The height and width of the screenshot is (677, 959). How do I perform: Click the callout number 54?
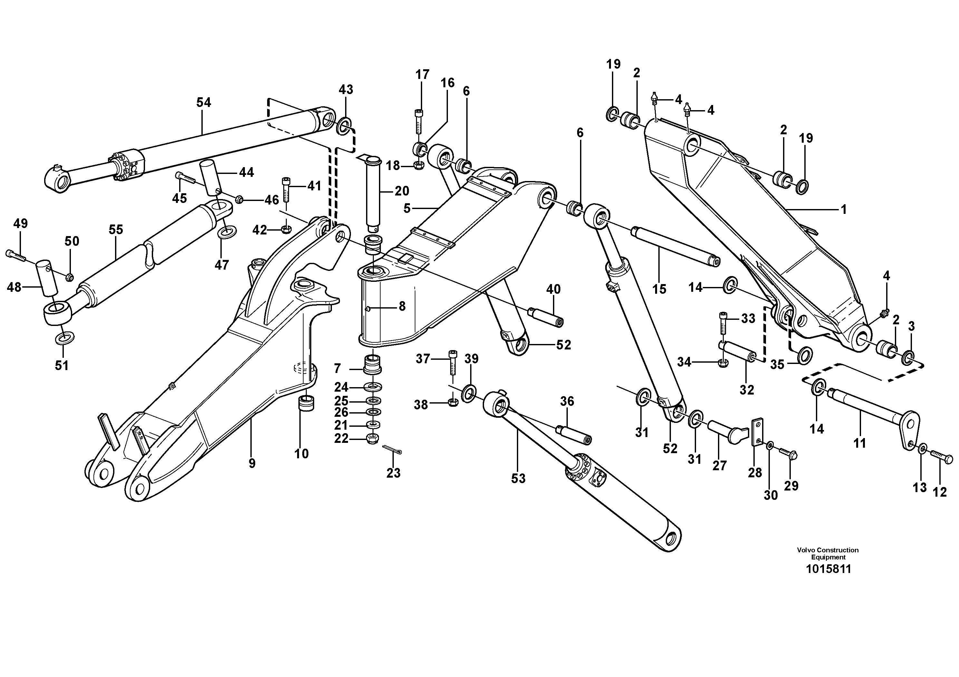pos(204,103)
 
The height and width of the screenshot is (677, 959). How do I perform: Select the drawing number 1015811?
pos(828,569)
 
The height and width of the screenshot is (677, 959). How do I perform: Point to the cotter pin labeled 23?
pos(392,449)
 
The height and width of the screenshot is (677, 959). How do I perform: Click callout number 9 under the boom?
pos(252,463)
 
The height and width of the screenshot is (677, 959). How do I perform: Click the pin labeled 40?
pos(546,317)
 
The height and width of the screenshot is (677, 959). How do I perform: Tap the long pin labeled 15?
pos(675,245)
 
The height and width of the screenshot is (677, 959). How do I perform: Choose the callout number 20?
pos(402,191)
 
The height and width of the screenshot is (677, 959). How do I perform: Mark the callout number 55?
pos(116,230)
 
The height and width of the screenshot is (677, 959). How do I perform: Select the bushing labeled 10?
pos(306,404)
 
